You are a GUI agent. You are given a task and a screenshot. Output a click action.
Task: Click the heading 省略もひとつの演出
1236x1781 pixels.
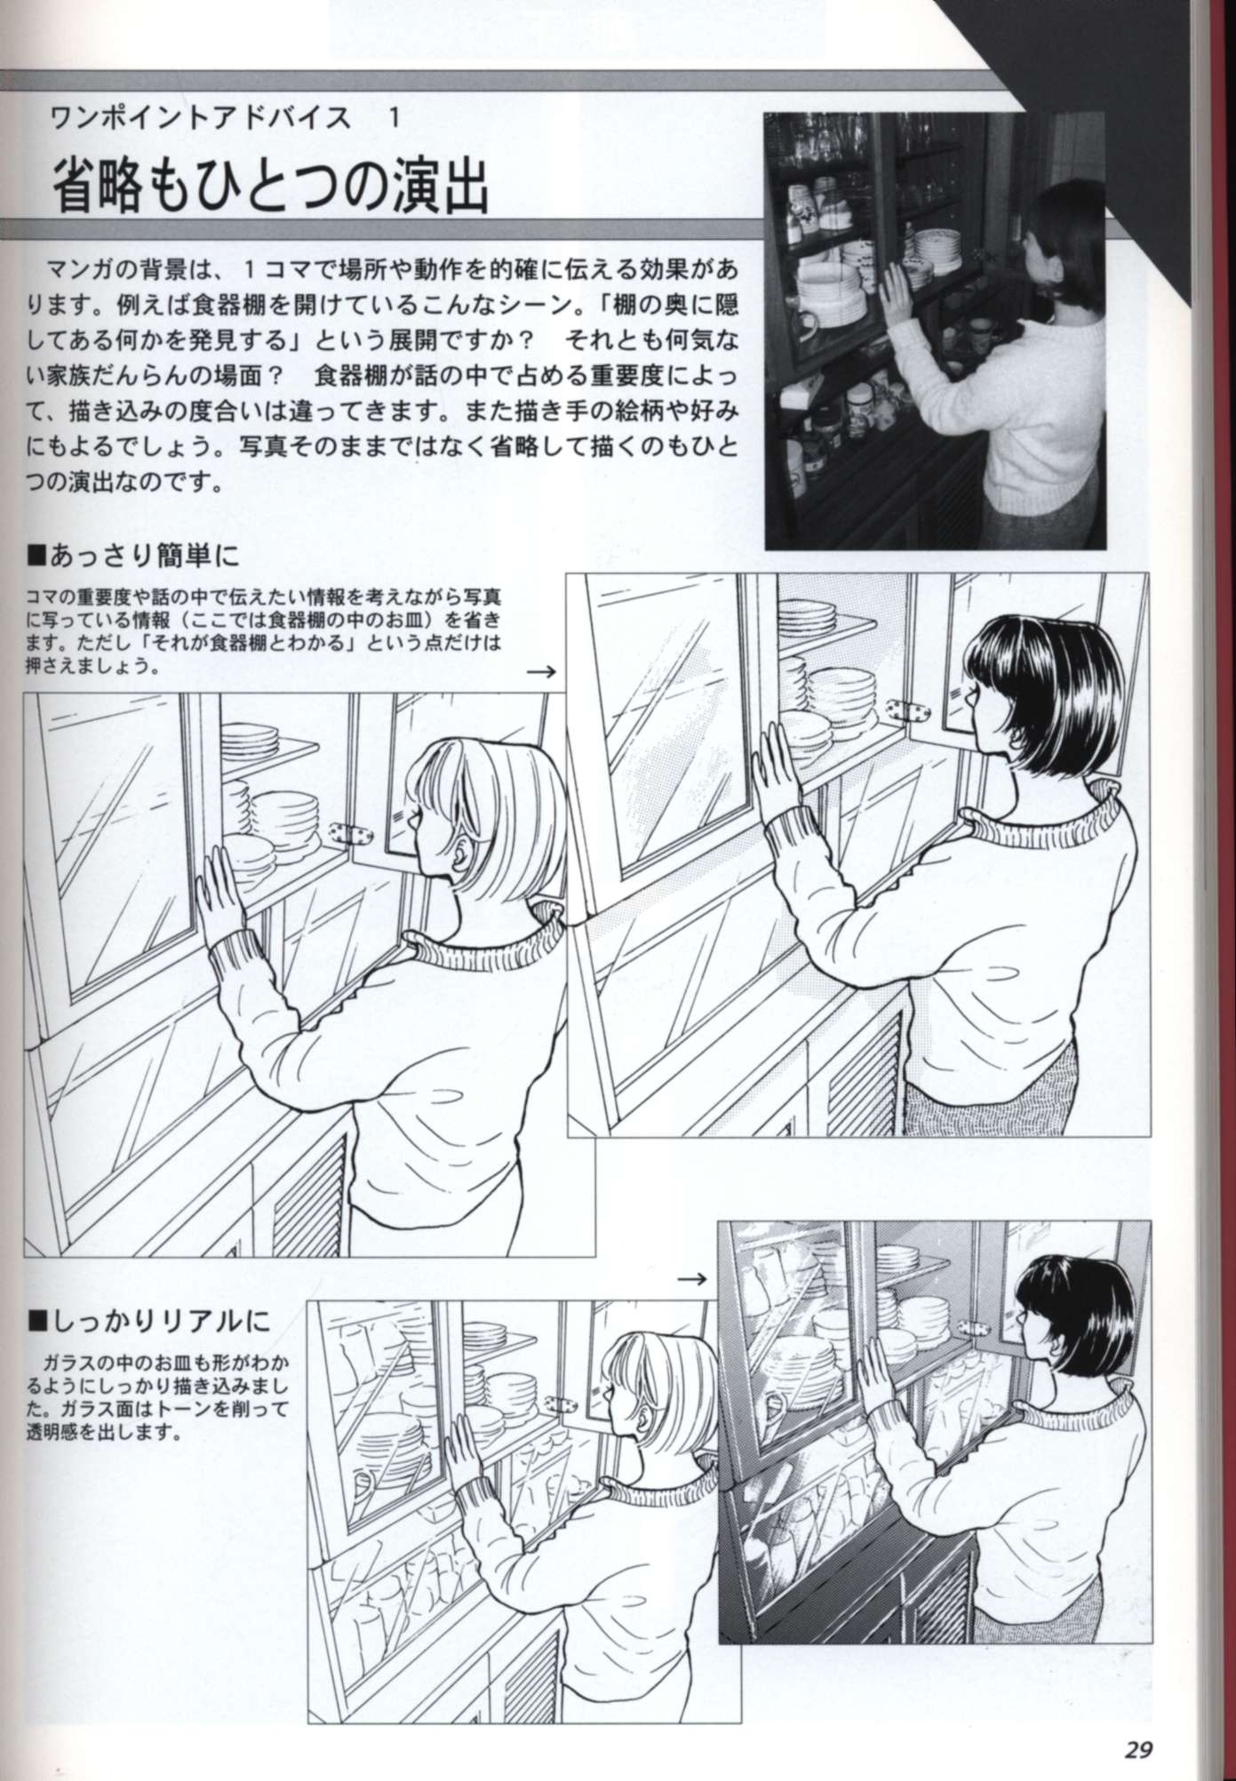pyautogui.click(x=271, y=185)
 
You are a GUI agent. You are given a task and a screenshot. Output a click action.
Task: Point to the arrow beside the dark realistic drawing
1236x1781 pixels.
pyautogui.click(x=691, y=1279)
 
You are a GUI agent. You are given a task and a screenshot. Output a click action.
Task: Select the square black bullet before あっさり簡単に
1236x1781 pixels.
pyautogui.click(x=37, y=557)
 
